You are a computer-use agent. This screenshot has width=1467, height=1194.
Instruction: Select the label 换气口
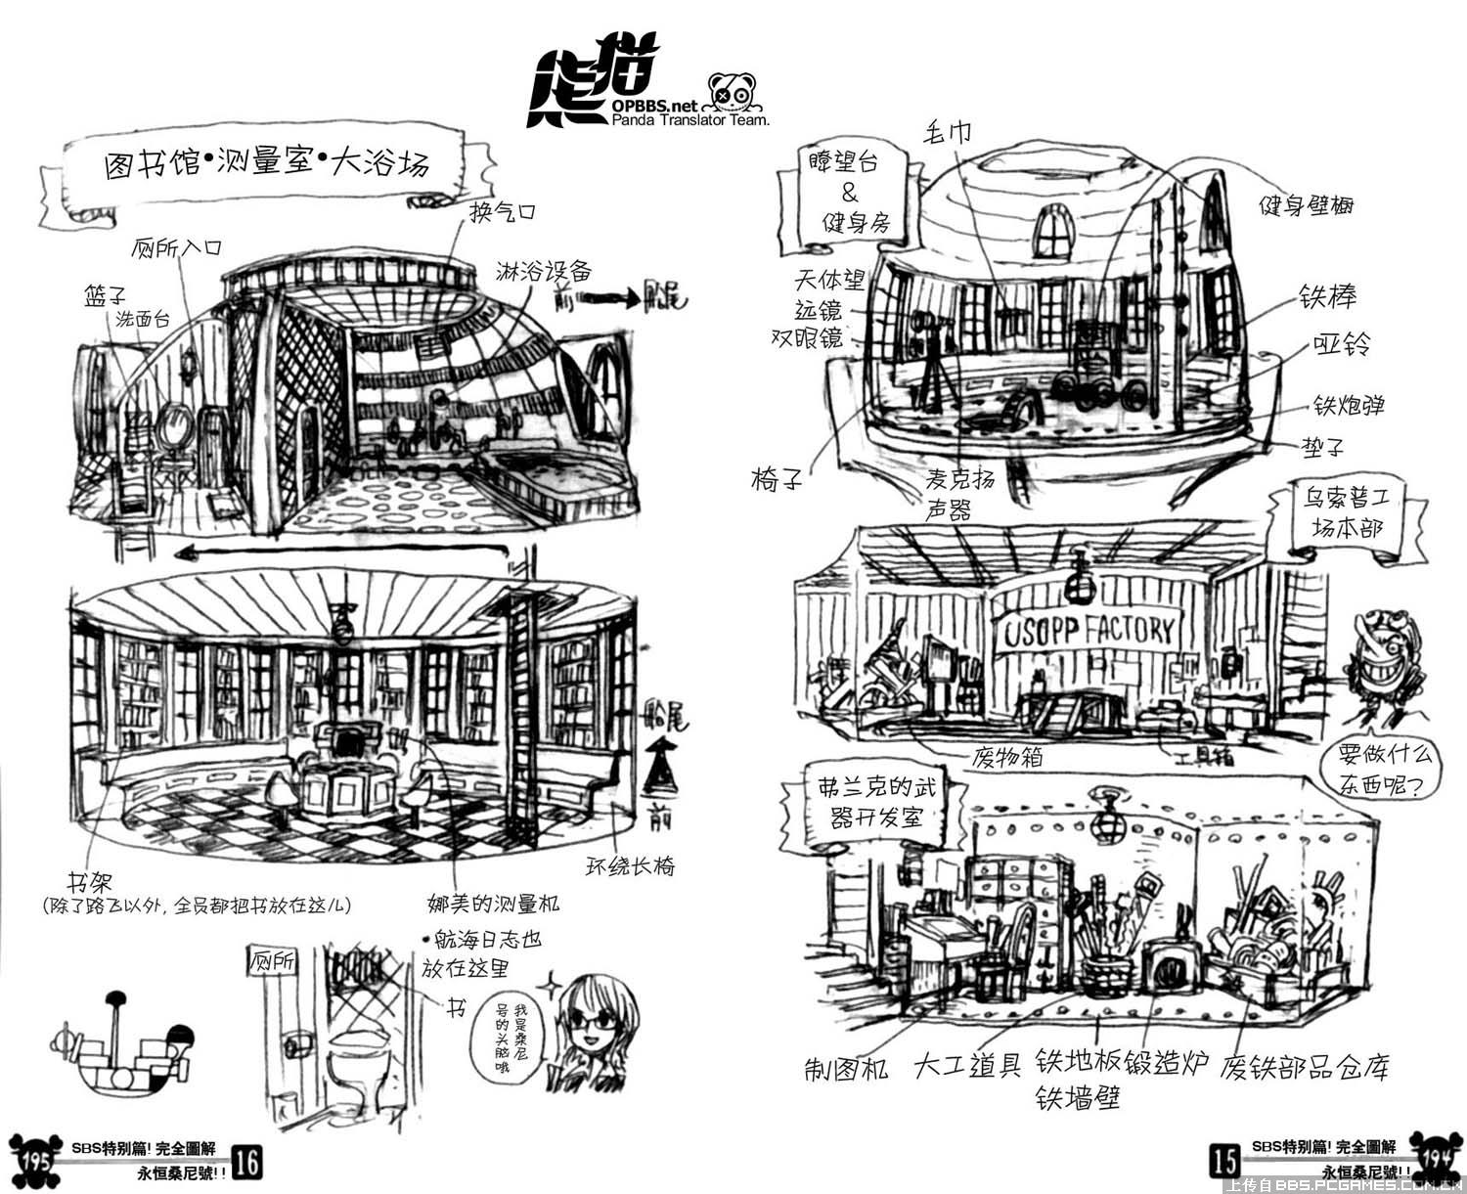pos(503,211)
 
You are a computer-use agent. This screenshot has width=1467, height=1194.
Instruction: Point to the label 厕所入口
pos(176,246)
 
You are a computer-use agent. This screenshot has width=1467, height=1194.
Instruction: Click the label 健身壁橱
pos(1307,205)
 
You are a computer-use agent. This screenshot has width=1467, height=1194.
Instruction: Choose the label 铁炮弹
pos(1349,405)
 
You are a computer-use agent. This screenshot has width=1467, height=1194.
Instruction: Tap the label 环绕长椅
pos(630,865)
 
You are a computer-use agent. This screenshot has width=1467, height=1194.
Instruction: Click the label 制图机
pos(847,1068)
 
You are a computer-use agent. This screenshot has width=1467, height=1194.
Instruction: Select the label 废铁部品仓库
pos(1304,1067)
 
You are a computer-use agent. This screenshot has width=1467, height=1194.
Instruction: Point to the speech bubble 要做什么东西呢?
pos(1376,769)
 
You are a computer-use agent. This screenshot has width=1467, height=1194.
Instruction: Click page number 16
pos(247,1162)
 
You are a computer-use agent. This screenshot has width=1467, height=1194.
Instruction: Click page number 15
pos(1224,1161)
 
